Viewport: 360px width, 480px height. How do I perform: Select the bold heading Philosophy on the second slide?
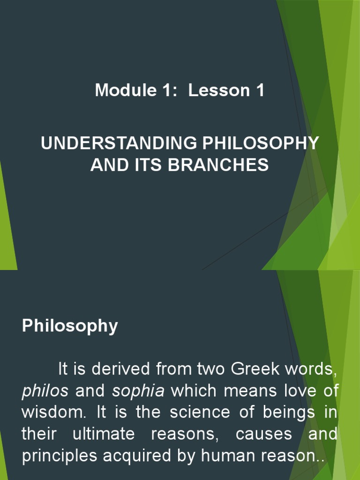pos(70,326)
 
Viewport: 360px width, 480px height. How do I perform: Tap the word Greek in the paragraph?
pos(258,369)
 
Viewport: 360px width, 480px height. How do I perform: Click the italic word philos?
pos(45,391)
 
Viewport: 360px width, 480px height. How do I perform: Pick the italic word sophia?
pos(138,391)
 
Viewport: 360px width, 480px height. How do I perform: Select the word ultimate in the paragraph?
pos(104,434)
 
